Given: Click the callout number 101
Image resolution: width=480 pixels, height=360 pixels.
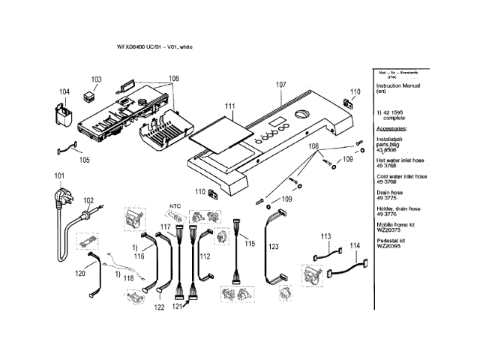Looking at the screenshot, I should coord(57,176).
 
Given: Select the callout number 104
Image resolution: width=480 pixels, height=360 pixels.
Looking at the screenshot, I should coord(64,93).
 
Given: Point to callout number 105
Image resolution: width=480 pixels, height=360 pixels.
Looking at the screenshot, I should coord(84,160).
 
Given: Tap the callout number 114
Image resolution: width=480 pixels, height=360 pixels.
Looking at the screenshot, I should coord(354,246).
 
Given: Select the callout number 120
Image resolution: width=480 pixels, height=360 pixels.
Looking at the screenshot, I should coord(80,274).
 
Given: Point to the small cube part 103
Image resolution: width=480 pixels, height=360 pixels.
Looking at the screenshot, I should coord(92,95).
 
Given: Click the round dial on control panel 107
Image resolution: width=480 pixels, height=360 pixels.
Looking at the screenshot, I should coord(301,114).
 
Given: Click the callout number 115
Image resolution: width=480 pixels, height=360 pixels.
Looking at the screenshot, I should coord(250,244).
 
